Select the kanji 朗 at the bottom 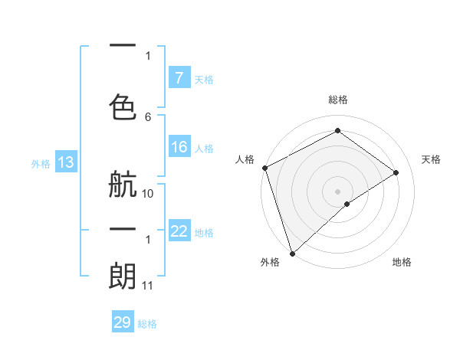click(123, 275)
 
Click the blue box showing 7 click(179, 77)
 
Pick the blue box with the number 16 click(179, 147)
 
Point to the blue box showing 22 click(179, 231)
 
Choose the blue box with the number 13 click(65, 162)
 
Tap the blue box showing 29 click(123, 322)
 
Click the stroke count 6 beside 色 click(148, 116)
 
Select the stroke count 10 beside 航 click(148, 194)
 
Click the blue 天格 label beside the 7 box click(204, 79)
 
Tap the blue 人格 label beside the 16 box click(204, 149)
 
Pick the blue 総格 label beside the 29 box click(147, 324)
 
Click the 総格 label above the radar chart click(338, 100)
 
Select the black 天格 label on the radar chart click(431, 159)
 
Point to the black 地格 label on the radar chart click(402, 262)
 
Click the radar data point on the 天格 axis click(396, 172)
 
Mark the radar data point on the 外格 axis click(291, 253)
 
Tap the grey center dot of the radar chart click(337, 191)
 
